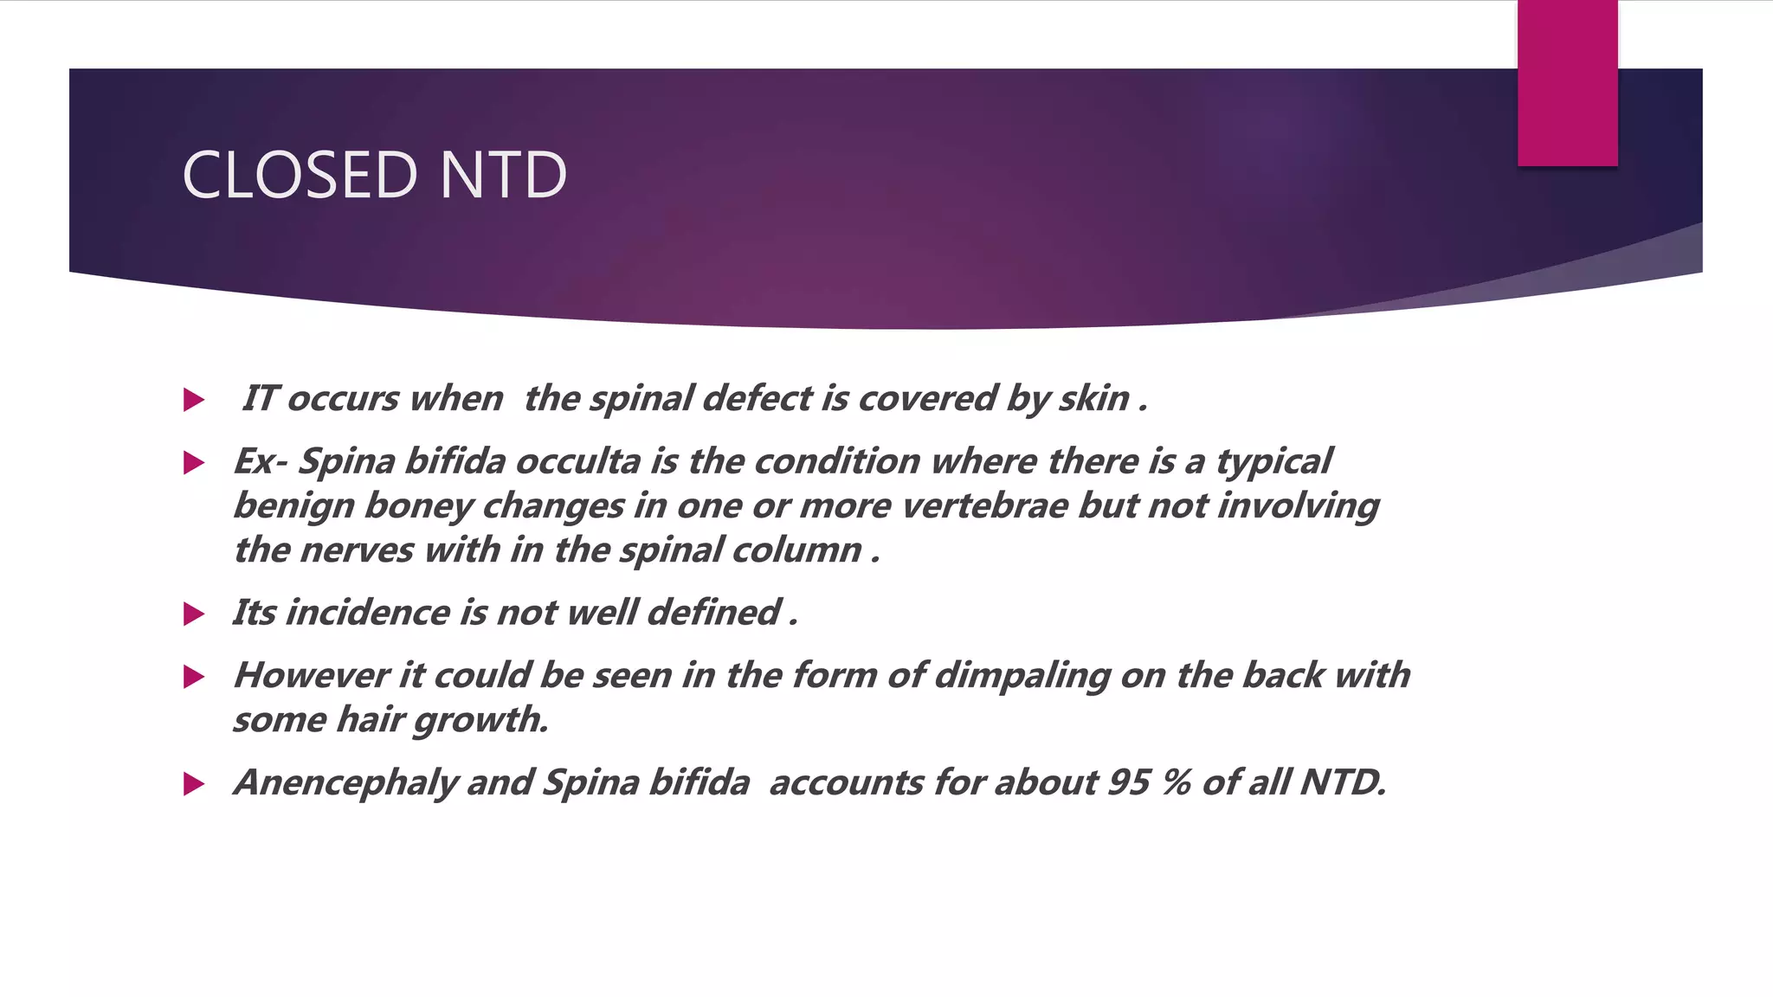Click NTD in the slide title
tap(503, 176)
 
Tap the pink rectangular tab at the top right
tap(1567, 83)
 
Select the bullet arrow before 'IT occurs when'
tap(194, 400)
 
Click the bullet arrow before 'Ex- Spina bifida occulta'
tap(194, 463)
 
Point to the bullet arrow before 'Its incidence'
tap(194, 614)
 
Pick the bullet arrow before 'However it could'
tap(194, 677)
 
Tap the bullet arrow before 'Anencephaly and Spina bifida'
tap(194, 784)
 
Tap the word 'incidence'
tap(367, 613)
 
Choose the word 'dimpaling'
tap(1022, 676)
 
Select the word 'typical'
tap(1273, 462)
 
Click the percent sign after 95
tap(1176, 782)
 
